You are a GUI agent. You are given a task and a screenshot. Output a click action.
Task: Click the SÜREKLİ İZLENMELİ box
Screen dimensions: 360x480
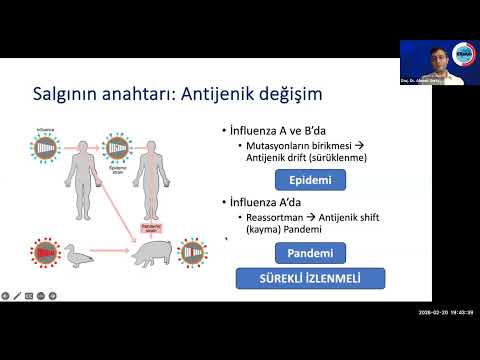[x=297, y=278]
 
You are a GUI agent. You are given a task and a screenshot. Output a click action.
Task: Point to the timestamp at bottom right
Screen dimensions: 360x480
[x=445, y=340]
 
